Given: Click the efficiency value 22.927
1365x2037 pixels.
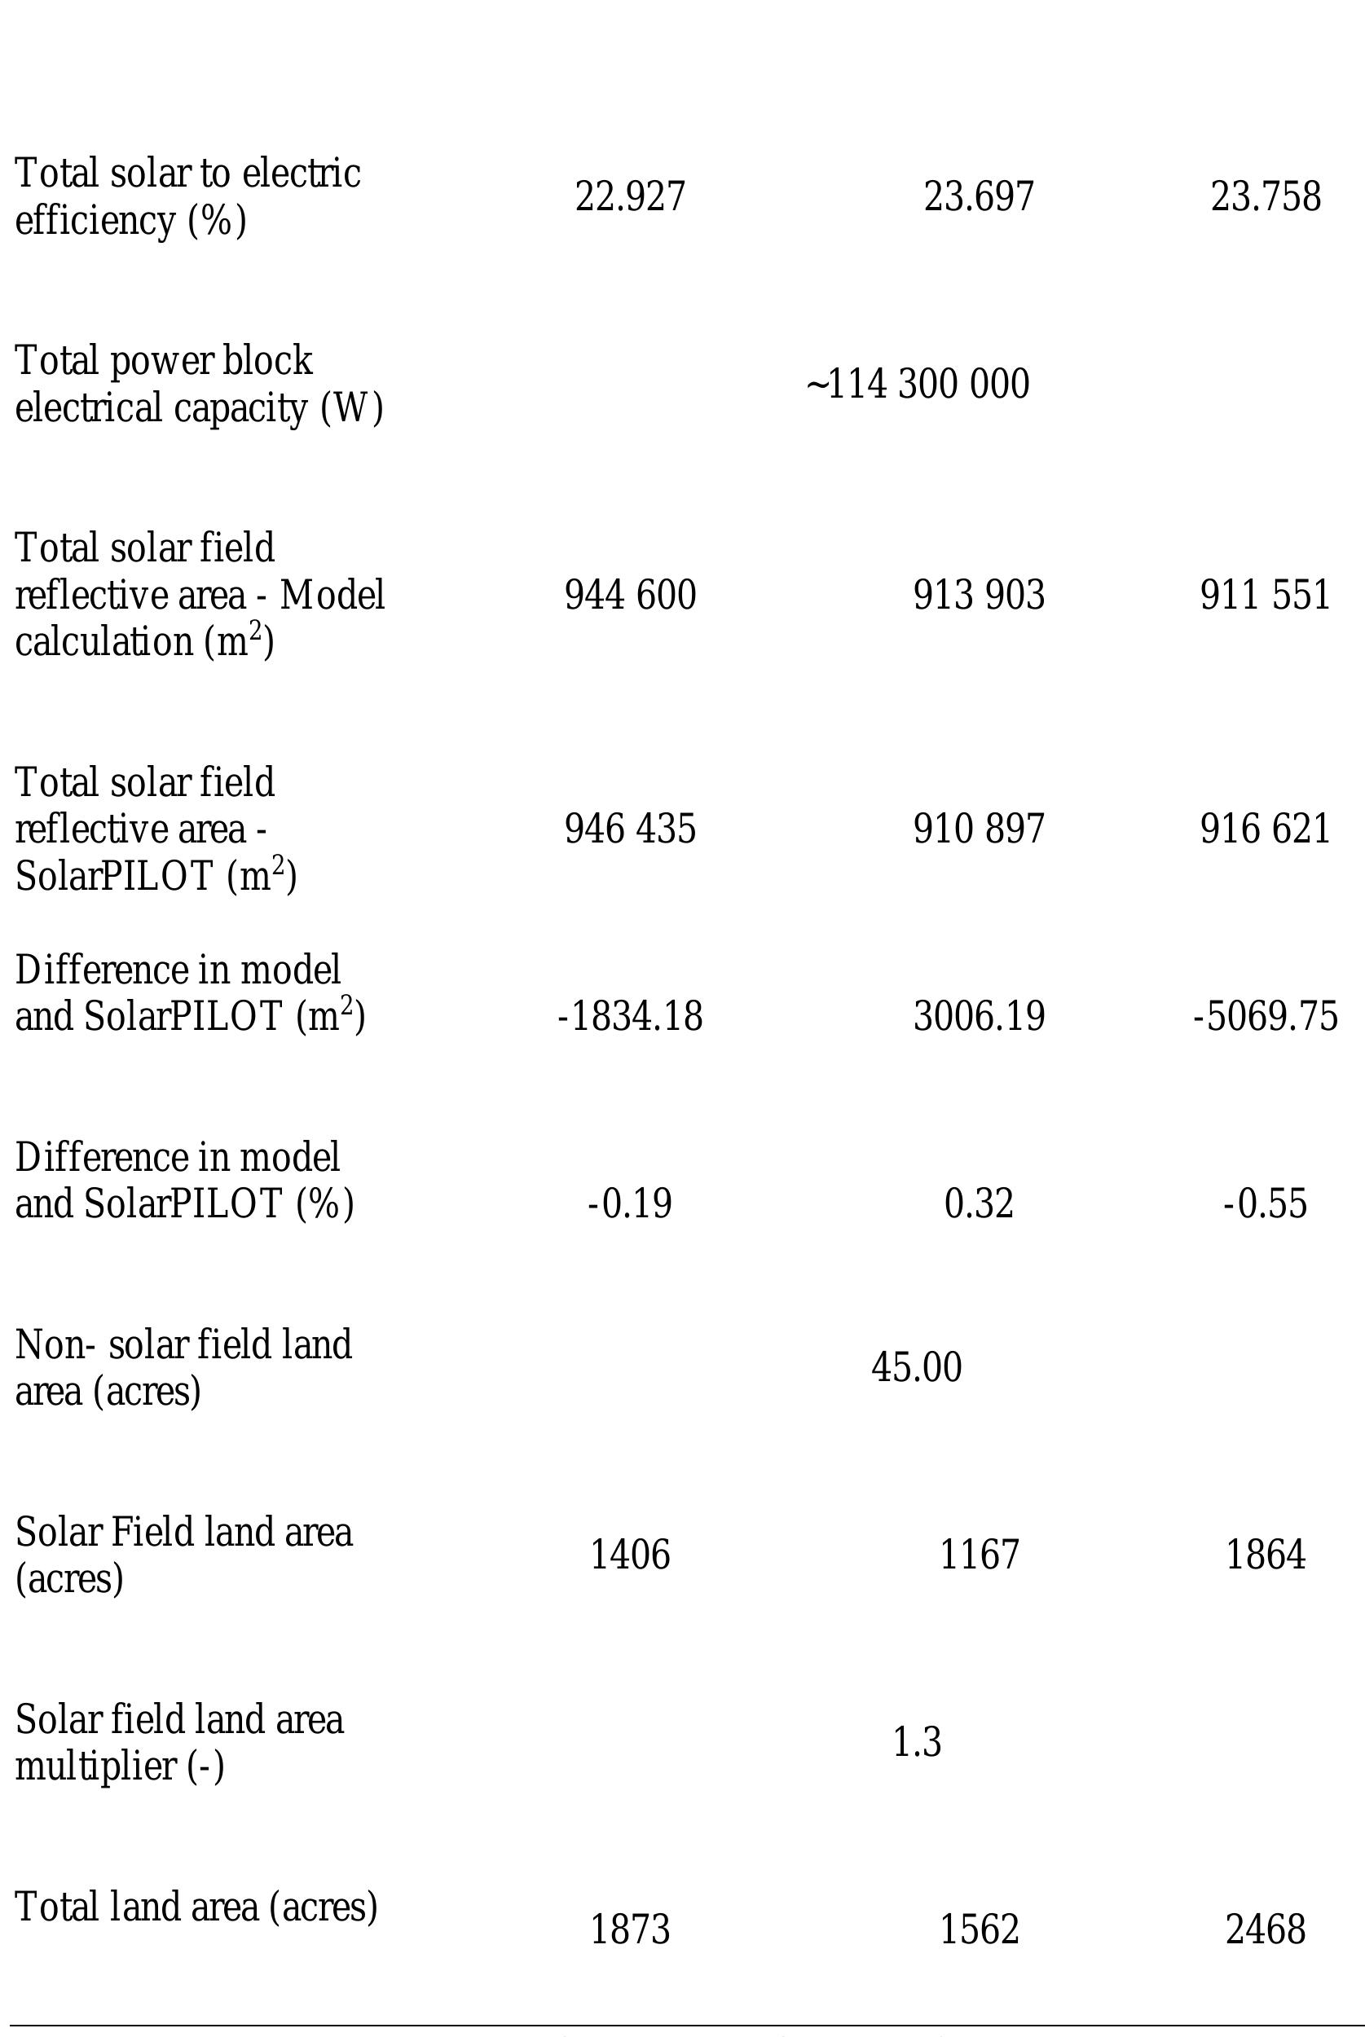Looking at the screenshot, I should pyautogui.click(x=630, y=196).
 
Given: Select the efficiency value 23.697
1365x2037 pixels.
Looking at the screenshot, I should pyautogui.click(x=979, y=196).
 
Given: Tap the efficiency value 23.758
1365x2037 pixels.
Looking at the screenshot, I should pyautogui.click(x=1265, y=196).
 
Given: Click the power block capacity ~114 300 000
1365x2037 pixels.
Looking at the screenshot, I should pyautogui.click(x=918, y=385).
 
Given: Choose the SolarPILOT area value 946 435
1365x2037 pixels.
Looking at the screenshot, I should pyautogui.click(x=630, y=829).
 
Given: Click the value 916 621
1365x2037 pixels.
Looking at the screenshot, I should pyautogui.click(x=1265, y=829).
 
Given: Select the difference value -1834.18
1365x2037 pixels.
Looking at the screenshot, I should pyautogui.click(x=630, y=1017).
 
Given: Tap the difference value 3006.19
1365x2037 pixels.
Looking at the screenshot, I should pyautogui.click(x=979, y=1017).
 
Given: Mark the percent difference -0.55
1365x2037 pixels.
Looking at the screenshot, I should pyautogui.click(x=1265, y=1204).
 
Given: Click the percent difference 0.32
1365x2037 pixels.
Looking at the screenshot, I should pyautogui.click(x=979, y=1204).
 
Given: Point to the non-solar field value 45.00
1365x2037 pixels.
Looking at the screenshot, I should pyautogui.click(x=917, y=1367).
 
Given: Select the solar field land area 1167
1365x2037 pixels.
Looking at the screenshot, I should pyautogui.click(x=979, y=1555).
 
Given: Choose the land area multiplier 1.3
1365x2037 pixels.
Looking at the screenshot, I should pyautogui.click(x=917, y=1742).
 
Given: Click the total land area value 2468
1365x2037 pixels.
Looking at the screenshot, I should pyautogui.click(x=1265, y=1930).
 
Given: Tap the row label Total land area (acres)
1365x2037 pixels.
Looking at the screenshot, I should pyautogui.click(x=196, y=1907).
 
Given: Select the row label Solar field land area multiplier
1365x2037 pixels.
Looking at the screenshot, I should pyautogui.click(x=179, y=1743).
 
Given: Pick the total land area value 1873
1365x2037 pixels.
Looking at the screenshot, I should pyautogui.click(x=630, y=1930).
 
